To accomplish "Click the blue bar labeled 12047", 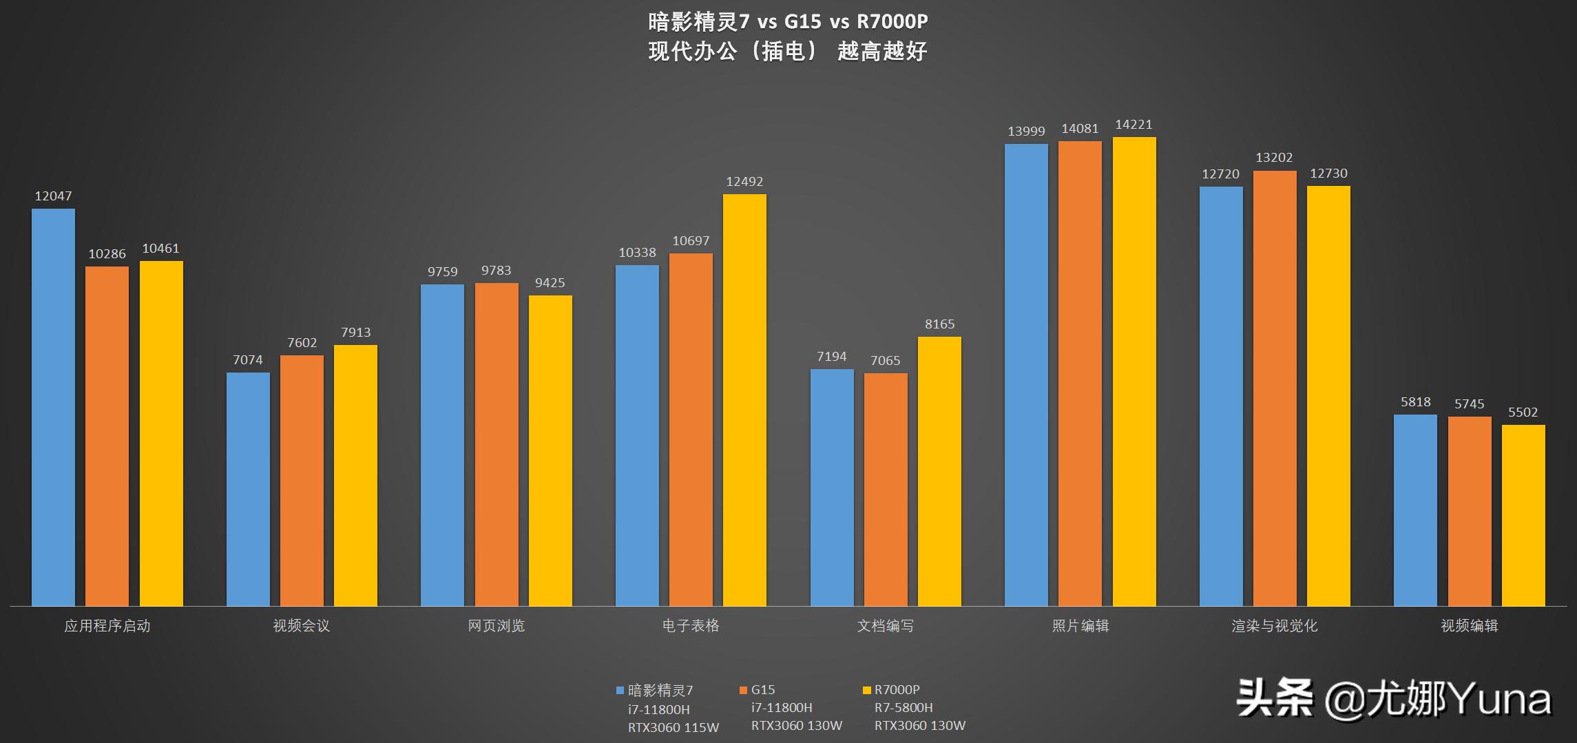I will pos(53,406).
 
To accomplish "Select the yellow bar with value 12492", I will pos(744,399).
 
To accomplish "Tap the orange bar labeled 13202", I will pos(1275,388).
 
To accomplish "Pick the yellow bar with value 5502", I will pos(1523,515).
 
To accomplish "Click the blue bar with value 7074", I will pos(248,489).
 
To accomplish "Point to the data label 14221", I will pos(1134,125).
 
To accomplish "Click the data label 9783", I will pos(496,271).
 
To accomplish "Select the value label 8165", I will pos(939,324).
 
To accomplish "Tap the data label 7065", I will pos(885,361).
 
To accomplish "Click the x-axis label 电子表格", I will pos(691,625).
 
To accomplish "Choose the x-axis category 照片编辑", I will pos(1080,625).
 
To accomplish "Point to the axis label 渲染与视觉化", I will pos(1275,625).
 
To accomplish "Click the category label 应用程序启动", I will pos(107,625).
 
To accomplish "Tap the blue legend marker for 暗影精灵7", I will pos(620,690).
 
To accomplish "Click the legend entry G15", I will pos(762,689).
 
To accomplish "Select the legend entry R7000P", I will pos(897,689).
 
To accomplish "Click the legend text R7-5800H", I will pos(904,707).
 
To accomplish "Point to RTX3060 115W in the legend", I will pos(673,727).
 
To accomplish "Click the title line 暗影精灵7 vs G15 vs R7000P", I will pos(788,21).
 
